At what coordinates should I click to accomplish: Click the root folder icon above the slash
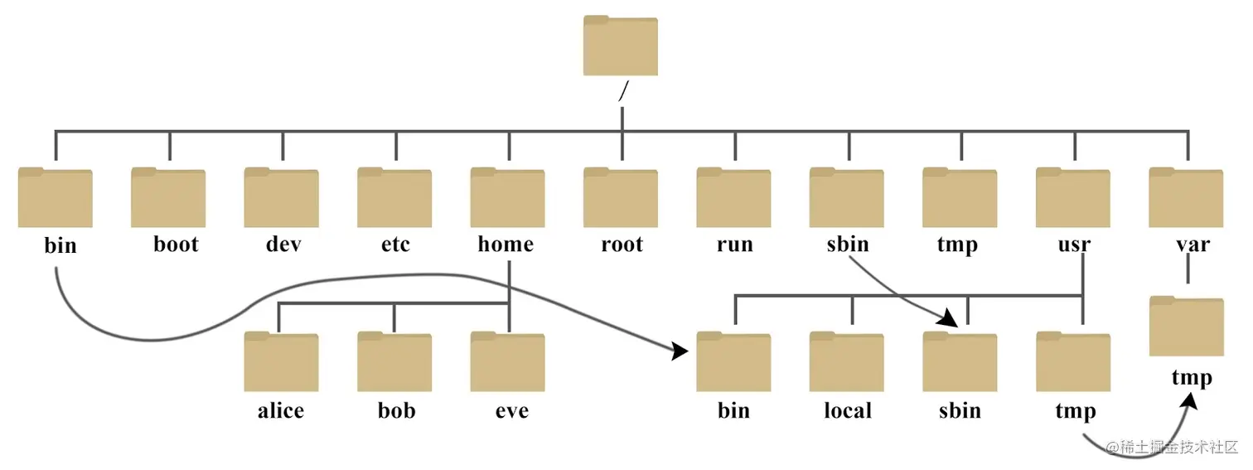(x=620, y=46)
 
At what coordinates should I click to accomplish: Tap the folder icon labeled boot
(x=168, y=198)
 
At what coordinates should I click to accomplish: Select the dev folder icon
(x=281, y=198)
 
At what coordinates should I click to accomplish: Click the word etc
(x=394, y=245)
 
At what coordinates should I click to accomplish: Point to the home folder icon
(x=507, y=198)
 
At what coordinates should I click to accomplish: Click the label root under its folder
(x=622, y=245)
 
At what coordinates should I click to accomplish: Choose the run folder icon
(x=733, y=198)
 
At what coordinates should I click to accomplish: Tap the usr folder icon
(x=1073, y=198)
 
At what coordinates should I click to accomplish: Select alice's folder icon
(x=281, y=362)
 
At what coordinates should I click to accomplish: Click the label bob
(x=396, y=410)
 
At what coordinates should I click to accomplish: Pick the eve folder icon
(x=507, y=362)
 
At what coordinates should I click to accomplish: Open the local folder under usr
(x=847, y=362)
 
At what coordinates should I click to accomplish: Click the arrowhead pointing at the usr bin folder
(x=680, y=351)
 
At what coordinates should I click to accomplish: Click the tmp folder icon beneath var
(x=1187, y=327)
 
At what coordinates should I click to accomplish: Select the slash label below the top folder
(x=622, y=93)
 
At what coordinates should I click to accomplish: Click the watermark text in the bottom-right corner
(x=1177, y=448)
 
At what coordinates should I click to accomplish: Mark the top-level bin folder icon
(x=55, y=198)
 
